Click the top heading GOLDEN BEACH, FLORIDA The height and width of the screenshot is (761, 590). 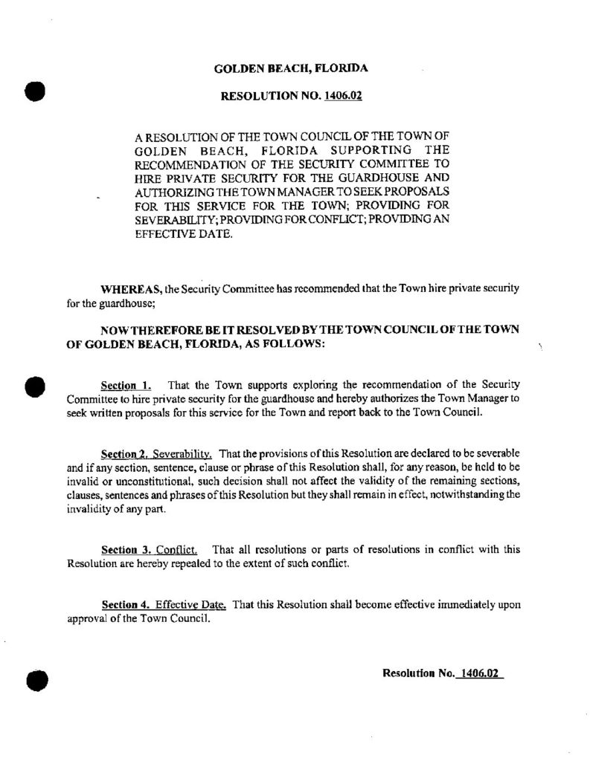pos(291,69)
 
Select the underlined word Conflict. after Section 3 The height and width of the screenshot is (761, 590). pos(176,551)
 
